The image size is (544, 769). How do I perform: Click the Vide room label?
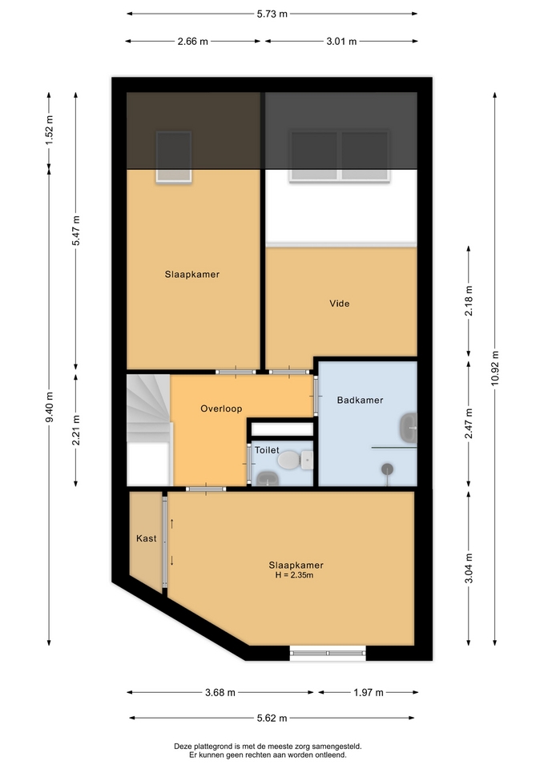(340, 304)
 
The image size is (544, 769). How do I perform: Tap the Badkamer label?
(360, 401)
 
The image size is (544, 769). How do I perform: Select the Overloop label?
(221, 409)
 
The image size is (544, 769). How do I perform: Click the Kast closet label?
(146, 538)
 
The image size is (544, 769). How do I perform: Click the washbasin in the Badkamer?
(408, 427)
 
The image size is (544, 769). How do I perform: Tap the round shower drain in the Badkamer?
(388, 469)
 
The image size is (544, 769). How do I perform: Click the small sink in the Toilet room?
(268, 479)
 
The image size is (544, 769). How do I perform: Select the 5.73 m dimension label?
(272, 14)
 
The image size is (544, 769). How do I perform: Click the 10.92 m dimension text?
(495, 368)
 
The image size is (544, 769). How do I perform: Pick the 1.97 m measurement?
(369, 692)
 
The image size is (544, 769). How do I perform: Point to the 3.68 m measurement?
(220, 692)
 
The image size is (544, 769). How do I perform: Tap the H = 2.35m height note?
(294, 575)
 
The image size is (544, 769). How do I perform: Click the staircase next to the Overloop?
(149, 430)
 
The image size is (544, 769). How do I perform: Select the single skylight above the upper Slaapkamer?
(174, 156)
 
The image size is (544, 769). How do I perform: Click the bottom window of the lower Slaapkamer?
(328, 654)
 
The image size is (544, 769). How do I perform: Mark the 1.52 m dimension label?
(49, 130)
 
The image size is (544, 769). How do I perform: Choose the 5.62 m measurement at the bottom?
(272, 718)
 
